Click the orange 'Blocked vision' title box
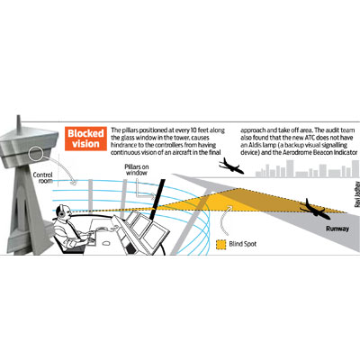point(85,139)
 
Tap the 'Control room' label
point(43,177)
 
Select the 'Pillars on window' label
point(137,170)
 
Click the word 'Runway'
point(337,229)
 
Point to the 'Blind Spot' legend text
point(242,244)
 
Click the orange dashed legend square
point(220,244)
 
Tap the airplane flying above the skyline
point(231,166)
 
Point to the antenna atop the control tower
point(19,122)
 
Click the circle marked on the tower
point(36,154)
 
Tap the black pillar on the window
point(157,198)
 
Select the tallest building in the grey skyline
point(290,168)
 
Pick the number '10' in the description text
point(193,130)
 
